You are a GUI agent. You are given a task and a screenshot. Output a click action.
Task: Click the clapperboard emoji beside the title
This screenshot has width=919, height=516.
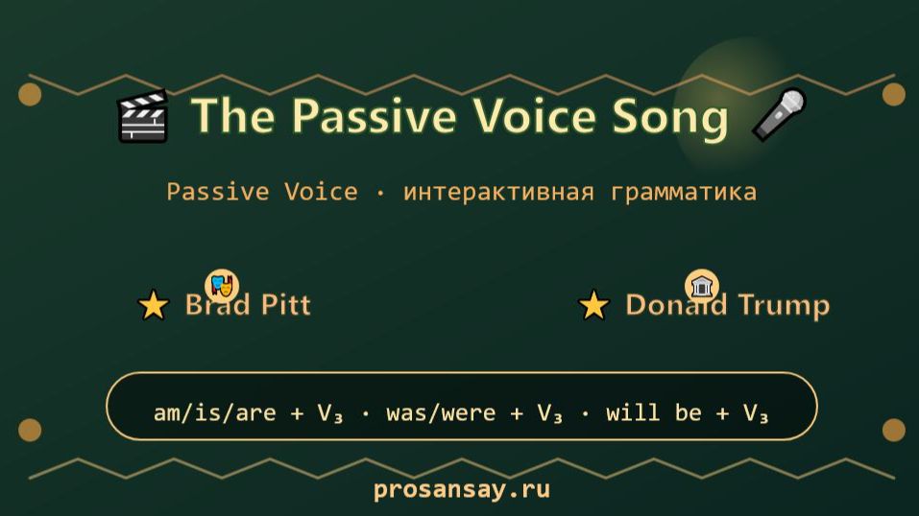pyautogui.click(x=142, y=117)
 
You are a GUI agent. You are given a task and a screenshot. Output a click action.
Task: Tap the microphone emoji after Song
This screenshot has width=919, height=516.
pyautogui.click(x=778, y=115)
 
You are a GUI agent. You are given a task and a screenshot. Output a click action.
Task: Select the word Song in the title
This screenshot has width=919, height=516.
pyautogui.click(x=670, y=116)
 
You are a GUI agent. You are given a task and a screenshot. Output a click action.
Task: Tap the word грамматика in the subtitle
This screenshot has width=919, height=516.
pyautogui.click(x=683, y=192)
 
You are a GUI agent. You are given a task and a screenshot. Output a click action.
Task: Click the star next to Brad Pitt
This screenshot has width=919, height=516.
pyautogui.click(x=153, y=306)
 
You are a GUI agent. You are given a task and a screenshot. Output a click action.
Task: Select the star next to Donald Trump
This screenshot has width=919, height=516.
pyautogui.click(x=593, y=306)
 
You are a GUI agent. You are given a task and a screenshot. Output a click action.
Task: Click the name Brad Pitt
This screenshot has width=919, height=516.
pyautogui.click(x=248, y=305)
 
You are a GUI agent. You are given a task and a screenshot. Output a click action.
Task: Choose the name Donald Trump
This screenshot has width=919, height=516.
pyautogui.click(x=727, y=305)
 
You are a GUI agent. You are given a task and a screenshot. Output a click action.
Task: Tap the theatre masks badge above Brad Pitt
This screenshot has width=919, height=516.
pyautogui.click(x=221, y=285)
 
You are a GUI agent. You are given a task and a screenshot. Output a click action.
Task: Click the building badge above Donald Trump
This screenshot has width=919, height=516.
pyautogui.click(x=702, y=286)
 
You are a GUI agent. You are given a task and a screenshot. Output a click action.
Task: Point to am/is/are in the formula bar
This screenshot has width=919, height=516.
pyautogui.click(x=214, y=413)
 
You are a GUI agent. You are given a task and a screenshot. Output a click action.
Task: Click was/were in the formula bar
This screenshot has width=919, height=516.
pyautogui.click(x=442, y=413)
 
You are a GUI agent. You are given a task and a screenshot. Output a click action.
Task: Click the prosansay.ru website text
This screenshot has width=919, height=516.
pyautogui.click(x=461, y=490)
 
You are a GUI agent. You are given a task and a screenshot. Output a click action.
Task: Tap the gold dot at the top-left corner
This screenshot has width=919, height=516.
pyautogui.click(x=30, y=94)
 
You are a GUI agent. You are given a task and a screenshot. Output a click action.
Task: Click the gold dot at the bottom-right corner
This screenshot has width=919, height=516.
pyautogui.click(x=893, y=430)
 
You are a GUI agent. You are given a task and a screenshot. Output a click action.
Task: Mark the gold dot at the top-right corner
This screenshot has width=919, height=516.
pyautogui.click(x=893, y=94)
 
